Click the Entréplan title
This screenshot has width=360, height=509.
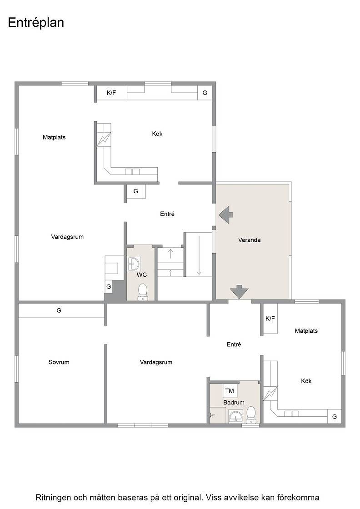click(36, 23)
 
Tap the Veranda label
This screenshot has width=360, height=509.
click(249, 240)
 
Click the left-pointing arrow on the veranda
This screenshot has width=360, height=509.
click(226, 215)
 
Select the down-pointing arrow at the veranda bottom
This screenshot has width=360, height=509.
click(239, 292)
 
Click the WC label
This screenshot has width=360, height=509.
click(141, 275)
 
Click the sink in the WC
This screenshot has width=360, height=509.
click(134, 264)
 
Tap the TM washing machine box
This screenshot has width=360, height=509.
click(230, 391)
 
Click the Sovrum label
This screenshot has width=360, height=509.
click(59, 362)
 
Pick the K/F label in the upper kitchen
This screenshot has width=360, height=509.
click(111, 93)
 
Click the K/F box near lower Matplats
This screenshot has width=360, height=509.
click(270, 319)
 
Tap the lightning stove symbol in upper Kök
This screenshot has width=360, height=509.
click(104, 139)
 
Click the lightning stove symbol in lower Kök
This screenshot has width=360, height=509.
click(270, 394)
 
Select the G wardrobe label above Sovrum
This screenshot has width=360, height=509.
click(59, 311)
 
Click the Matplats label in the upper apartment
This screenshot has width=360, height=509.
click(54, 137)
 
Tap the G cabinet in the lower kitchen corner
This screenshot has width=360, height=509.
click(335, 416)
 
